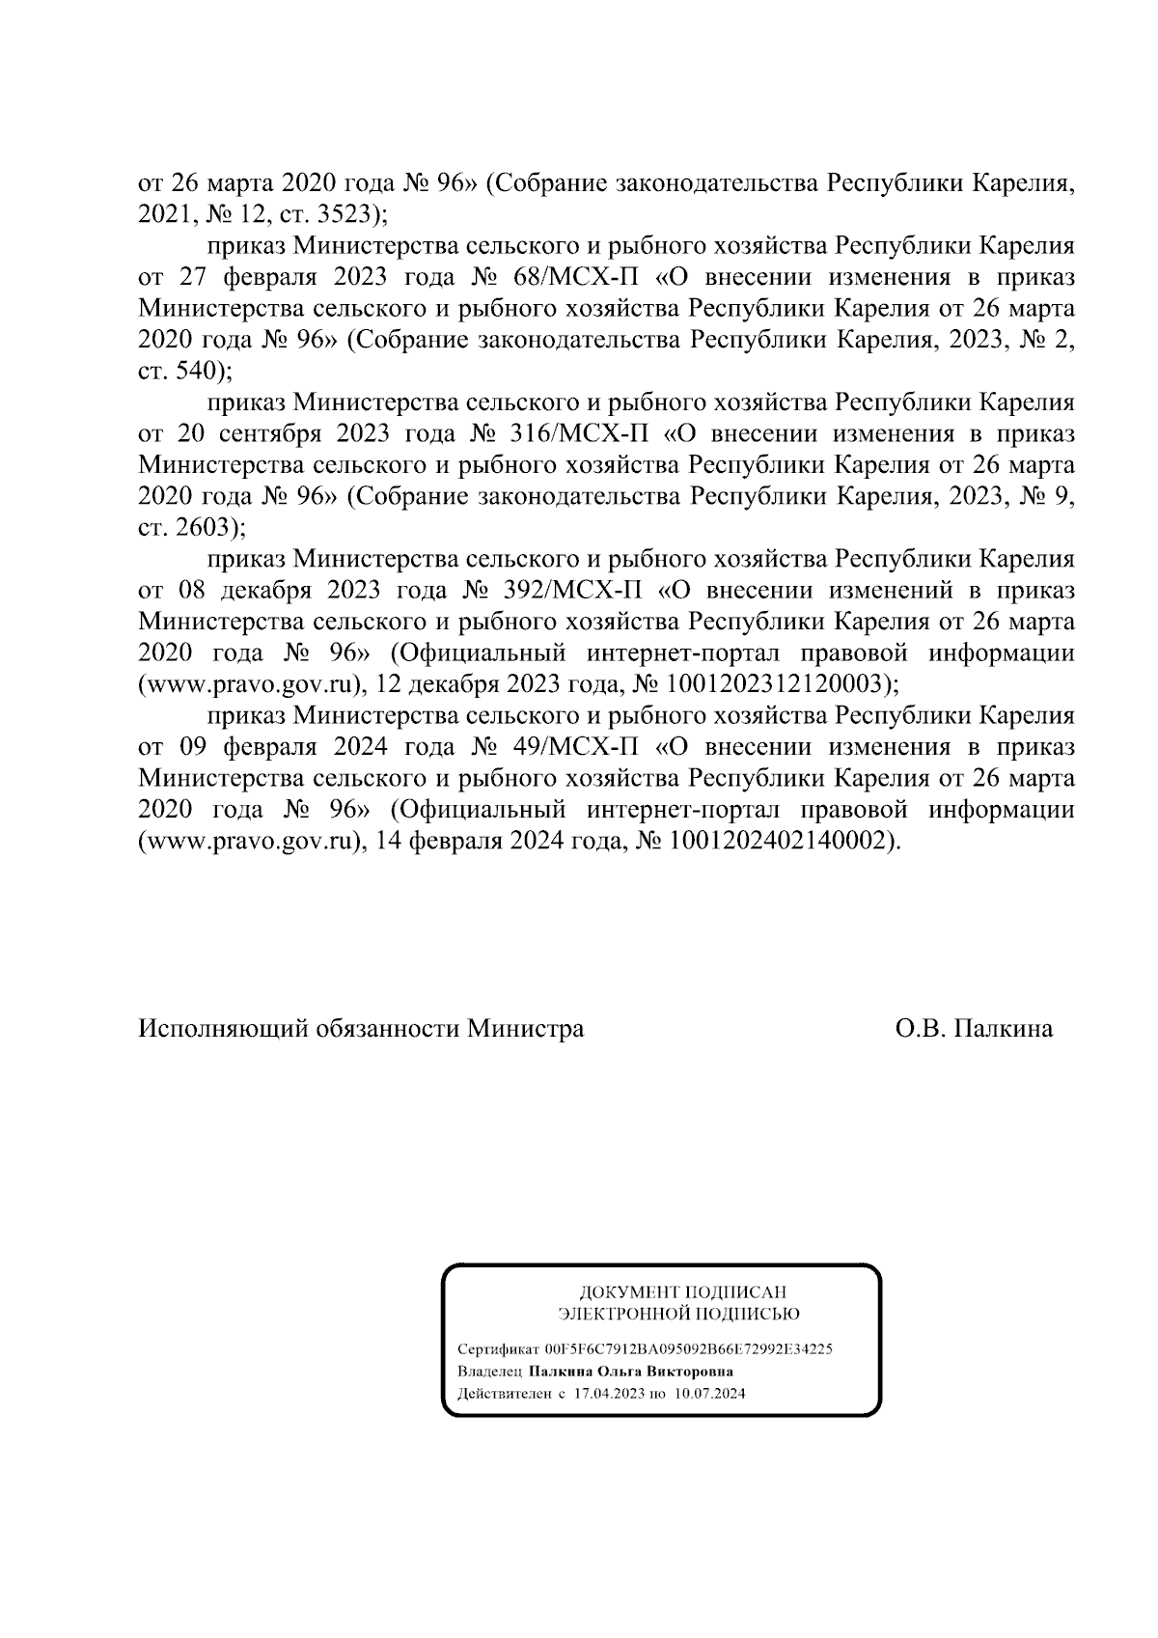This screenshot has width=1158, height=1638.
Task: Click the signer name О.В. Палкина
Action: pyautogui.click(x=974, y=1029)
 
